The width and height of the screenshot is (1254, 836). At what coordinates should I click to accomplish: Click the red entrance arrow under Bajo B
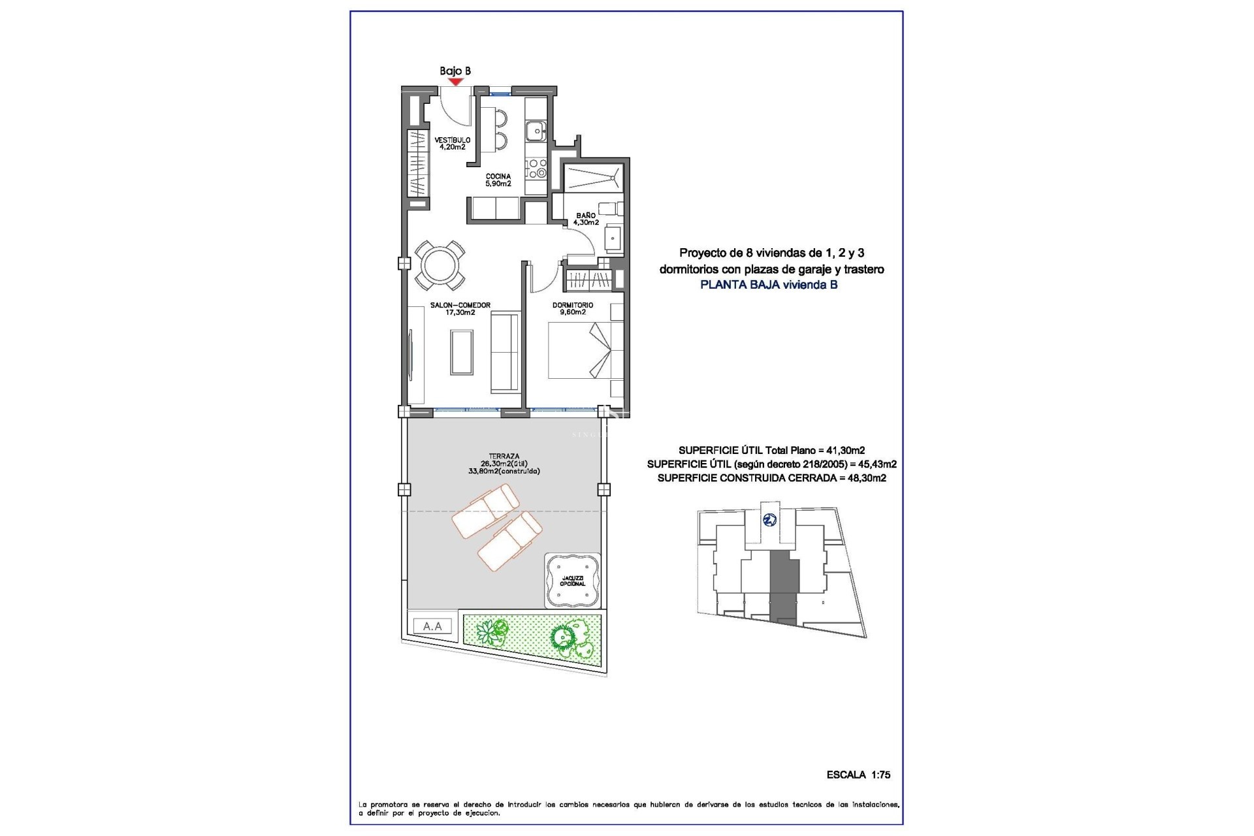(455, 82)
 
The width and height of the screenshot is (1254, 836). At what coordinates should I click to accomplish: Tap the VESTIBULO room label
(453, 144)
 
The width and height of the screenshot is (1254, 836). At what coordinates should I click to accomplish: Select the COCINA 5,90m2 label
(498, 180)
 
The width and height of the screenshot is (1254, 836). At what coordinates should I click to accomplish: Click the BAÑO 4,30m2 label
(586, 219)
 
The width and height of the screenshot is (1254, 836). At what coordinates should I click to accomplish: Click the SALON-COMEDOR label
(460, 309)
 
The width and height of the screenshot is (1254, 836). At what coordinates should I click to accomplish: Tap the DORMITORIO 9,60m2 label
(573, 309)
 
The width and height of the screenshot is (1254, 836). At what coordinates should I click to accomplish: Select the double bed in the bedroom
(580, 351)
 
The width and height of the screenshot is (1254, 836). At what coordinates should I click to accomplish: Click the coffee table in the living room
(462, 351)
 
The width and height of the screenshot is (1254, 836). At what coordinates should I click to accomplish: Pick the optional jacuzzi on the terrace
(572, 580)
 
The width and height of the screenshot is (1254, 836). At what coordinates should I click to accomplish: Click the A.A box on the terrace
(432, 626)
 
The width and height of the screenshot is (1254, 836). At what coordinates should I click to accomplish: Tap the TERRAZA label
(504, 463)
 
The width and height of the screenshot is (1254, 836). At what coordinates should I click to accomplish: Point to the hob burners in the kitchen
(536, 168)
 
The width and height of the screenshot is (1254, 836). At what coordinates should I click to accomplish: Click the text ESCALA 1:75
(858, 775)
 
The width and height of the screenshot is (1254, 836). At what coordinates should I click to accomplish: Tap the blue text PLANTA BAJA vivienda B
(769, 285)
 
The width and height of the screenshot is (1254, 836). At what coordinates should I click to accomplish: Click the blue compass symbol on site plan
(770, 520)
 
